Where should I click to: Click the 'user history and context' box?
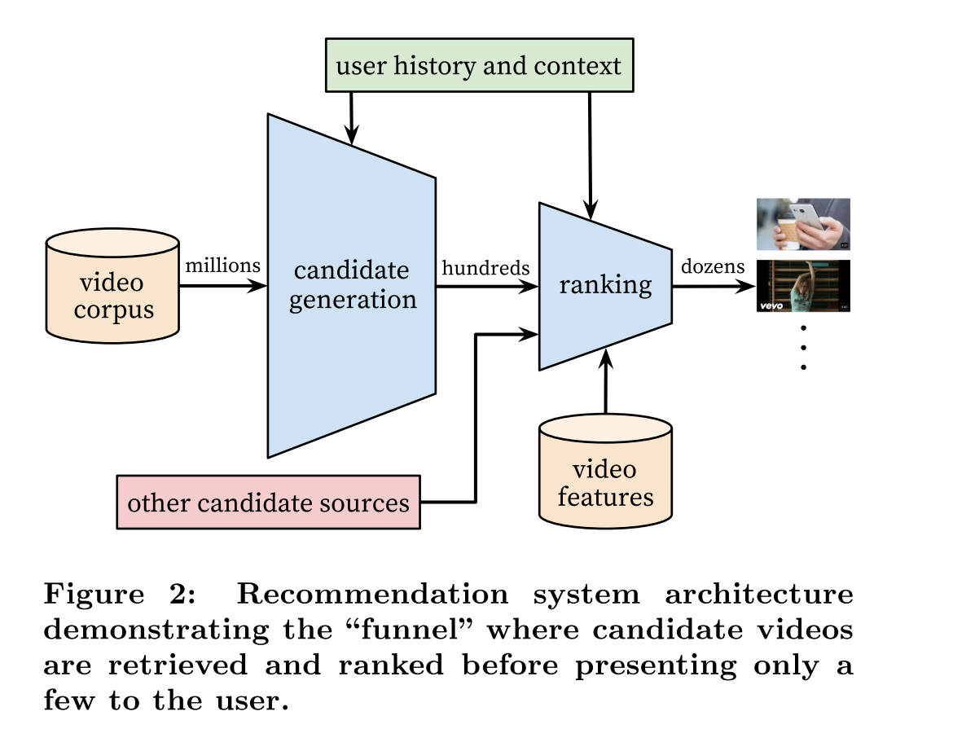[478, 66]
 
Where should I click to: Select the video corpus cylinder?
[112, 284]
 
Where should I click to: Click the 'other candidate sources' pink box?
[269, 502]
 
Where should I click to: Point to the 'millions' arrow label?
[222, 266]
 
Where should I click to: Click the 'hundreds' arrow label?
[485, 267]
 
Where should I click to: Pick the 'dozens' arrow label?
[713, 266]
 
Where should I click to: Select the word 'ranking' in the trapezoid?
[604, 285]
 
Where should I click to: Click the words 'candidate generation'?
[352, 285]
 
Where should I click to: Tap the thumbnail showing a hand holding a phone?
[803, 224]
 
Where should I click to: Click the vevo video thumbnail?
[803, 286]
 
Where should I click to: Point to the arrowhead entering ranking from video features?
[605, 355]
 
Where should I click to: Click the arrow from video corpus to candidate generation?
[222, 286]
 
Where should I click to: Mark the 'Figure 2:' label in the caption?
[119, 595]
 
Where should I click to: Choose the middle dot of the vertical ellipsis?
[803, 348]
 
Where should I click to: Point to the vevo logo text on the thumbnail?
[772, 306]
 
